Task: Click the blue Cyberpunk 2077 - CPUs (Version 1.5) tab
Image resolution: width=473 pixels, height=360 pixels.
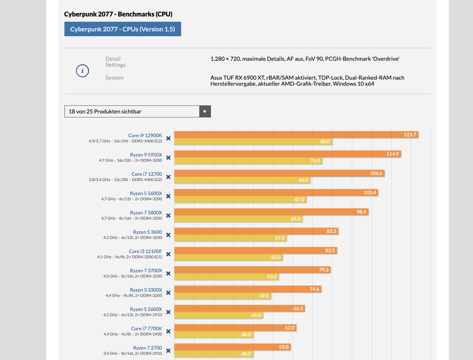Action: coord(122,29)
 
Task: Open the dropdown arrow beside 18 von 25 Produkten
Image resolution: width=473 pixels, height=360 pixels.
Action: coord(205,111)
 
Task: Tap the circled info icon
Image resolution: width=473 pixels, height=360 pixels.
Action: coord(83,71)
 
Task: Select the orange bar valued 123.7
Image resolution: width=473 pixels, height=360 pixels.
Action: coord(296,134)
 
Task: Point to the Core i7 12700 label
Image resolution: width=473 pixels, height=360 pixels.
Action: coord(147,174)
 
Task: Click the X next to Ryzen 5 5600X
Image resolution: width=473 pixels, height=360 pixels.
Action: coord(168,196)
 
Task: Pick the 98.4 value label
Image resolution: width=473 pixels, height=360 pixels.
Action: coord(361,212)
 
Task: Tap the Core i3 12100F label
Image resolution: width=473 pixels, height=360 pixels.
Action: coord(145,251)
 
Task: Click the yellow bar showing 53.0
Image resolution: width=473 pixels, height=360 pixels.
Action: coord(226,277)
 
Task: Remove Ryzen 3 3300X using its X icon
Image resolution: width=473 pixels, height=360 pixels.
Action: coord(168,293)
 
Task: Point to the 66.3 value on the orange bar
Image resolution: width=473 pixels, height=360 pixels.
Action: coord(298,309)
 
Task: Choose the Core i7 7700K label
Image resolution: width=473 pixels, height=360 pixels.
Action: coord(147,328)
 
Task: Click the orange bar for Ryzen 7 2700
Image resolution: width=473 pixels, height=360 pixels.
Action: coord(232,347)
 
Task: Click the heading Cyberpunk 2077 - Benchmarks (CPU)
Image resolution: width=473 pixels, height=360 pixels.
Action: coord(118,14)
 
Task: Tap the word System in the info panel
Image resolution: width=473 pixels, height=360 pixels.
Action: coord(114,78)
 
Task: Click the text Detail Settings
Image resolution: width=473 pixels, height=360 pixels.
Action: coord(116,62)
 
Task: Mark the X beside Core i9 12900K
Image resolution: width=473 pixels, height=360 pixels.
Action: coord(168,138)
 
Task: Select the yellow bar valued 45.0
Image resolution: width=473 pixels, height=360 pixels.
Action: coord(219,315)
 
